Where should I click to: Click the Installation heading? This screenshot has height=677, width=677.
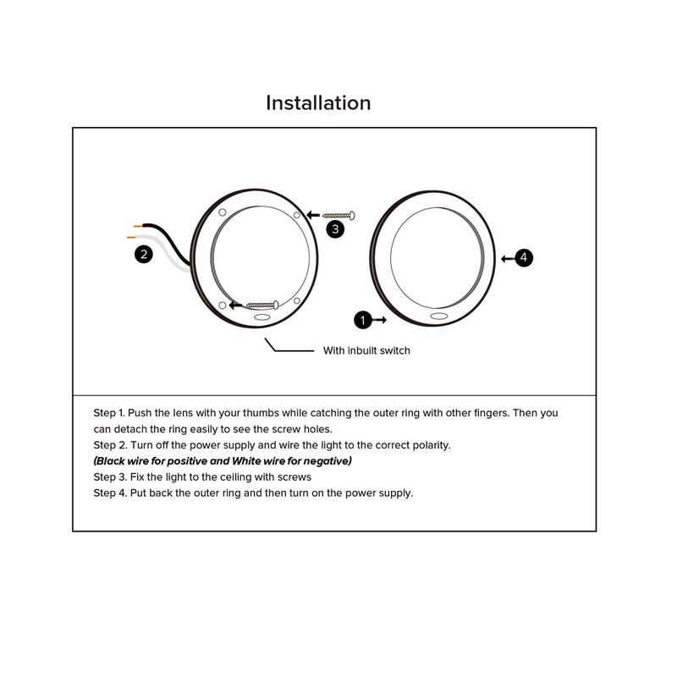318,103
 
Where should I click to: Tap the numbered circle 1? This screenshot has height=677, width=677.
363,320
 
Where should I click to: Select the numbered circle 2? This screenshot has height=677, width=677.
144,254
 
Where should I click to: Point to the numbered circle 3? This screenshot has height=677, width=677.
335,228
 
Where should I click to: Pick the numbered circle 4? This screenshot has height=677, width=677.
524,258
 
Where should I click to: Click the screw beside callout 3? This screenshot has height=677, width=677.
339,215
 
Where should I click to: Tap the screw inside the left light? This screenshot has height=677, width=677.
262,305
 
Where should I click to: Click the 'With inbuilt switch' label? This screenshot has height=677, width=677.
366,350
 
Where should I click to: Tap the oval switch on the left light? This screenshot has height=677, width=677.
262,317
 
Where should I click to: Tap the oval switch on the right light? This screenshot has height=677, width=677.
438,316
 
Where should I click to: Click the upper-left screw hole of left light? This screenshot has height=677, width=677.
223,212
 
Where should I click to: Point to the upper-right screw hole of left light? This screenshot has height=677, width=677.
297,215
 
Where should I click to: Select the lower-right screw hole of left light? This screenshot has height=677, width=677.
297,300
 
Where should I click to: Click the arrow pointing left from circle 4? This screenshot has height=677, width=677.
509,259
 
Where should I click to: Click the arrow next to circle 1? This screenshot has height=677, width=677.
379,320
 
